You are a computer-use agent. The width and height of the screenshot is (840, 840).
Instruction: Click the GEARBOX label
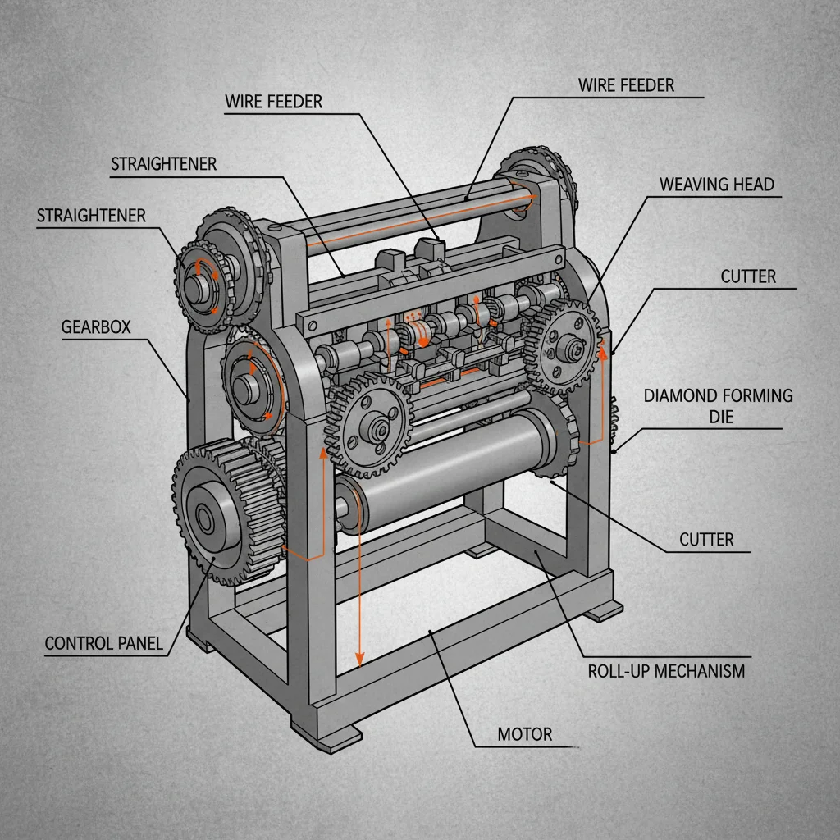click(x=95, y=326)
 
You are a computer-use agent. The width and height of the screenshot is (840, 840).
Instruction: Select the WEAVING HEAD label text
click(x=716, y=184)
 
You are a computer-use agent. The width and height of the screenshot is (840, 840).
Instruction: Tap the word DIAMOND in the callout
click(x=680, y=395)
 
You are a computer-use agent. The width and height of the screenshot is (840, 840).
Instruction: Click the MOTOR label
click(x=525, y=733)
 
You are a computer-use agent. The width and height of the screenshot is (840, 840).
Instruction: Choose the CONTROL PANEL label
click(x=103, y=643)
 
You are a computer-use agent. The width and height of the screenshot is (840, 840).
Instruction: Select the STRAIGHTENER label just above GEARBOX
click(x=91, y=216)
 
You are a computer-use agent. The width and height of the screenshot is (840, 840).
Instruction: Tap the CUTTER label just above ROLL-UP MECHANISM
click(x=706, y=539)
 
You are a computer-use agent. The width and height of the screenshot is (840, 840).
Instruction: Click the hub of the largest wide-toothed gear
click(x=203, y=518)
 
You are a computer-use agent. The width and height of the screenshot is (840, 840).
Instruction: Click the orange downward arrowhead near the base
click(x=358, y=660)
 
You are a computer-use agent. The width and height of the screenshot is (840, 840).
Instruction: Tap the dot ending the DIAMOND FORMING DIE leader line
click(x=616, y=450)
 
